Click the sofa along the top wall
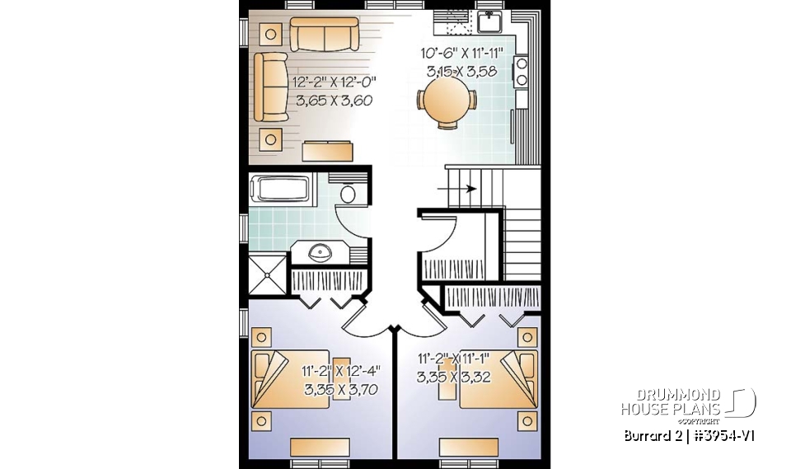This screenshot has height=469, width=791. (x=324, y=34)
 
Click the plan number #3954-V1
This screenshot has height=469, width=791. (x=725, y=434)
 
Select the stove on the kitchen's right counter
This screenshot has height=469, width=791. (x=522, y=74)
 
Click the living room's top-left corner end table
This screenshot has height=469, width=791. (x=270, y=34)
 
